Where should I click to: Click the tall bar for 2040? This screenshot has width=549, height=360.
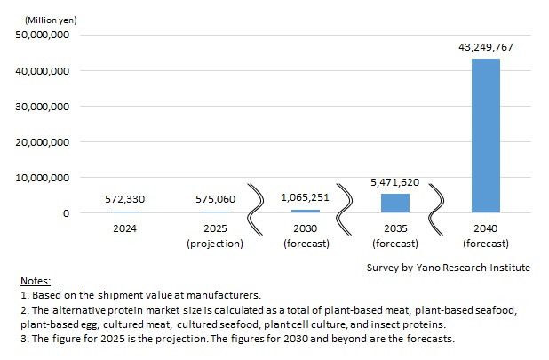485,135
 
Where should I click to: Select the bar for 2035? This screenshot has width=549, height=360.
395,203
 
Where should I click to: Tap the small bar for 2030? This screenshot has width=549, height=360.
305,211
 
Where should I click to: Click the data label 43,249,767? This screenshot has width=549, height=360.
485,47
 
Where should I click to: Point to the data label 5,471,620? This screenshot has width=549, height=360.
395,181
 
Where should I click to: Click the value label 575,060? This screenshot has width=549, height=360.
214,200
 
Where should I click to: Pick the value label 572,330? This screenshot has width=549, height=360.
124,200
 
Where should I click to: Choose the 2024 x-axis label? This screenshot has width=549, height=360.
124,228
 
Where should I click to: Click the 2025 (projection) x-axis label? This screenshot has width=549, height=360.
214,235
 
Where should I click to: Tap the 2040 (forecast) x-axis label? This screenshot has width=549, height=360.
485,235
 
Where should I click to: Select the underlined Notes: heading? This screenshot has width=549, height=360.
38,280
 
